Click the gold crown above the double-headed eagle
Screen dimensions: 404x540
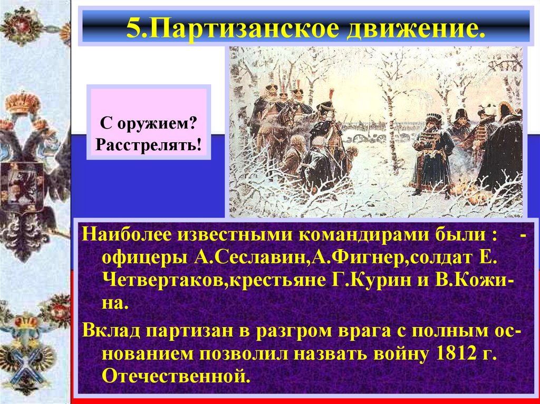coord(23,103)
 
